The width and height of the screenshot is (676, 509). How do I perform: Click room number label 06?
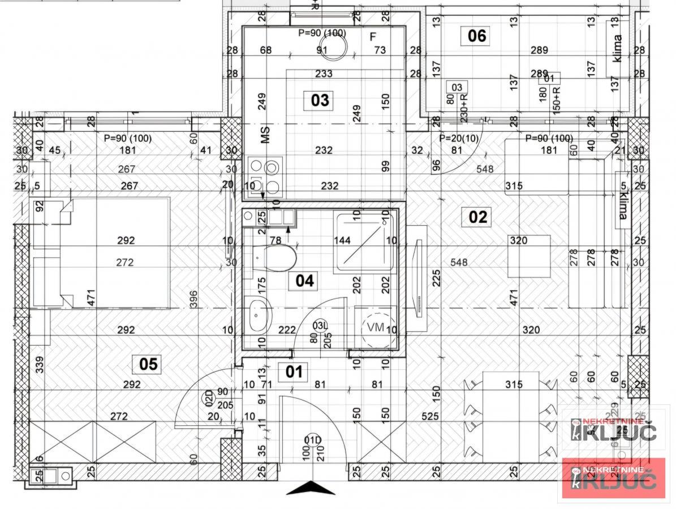coord(476,36)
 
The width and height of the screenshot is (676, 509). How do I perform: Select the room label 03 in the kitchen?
coord(320,101)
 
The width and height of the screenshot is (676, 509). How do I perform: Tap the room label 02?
coord(477,217)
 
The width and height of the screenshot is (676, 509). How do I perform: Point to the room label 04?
coord(304,281)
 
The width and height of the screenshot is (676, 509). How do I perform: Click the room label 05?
coord(148,364)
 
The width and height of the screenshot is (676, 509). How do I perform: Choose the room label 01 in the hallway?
coord(295,372)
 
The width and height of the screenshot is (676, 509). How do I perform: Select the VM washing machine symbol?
coord(376,327)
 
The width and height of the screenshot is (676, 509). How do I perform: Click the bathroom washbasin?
coord(259,316)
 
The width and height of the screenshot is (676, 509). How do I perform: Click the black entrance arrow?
coord(310,488)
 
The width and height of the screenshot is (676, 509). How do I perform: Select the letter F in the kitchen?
coord(372,37)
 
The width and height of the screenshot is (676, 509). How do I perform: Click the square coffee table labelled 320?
coord(528,256)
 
